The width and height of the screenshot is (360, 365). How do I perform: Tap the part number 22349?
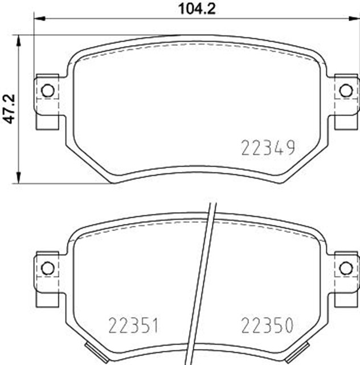(x=268, y=149)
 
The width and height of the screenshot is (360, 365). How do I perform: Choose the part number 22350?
(x=267, y=326)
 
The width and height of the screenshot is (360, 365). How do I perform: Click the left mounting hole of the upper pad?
(x=48, y=90)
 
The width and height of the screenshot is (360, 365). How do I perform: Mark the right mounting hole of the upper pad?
(x=345, y=90)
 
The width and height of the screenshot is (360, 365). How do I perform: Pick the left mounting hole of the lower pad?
(x=48, y=267)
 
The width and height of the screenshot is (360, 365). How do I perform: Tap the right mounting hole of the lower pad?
(x=345, y=267)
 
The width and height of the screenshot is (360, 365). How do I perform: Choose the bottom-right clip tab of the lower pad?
(x=304, y=347)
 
